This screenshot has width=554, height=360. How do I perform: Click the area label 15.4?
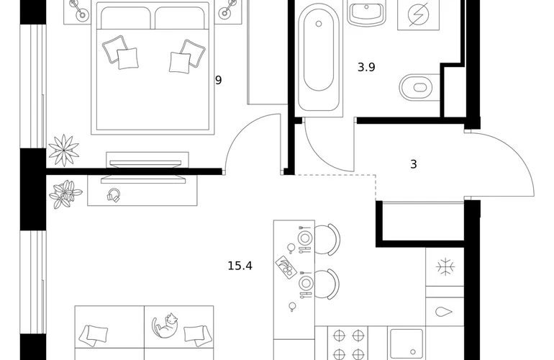(x=240, y=266)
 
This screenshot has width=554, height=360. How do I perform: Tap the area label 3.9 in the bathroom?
(x=366, y=67)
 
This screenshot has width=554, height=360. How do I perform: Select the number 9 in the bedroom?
(x=218, y=80)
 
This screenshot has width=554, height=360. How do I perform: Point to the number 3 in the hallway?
(x=414, y=164)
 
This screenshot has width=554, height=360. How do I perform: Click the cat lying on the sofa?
(x=165, y=325)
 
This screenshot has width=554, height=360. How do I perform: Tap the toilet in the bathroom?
(x=419, y=87)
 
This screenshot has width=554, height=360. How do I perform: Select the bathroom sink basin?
(x=366, y=12)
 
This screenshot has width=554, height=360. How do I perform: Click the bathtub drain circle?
(x=319, y=24)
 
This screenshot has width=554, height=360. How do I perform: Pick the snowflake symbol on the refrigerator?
(x=445, y=266)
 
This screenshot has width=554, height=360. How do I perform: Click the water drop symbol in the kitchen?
(x=444, y=312)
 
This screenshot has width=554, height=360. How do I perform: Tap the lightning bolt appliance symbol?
(x=418, y=14)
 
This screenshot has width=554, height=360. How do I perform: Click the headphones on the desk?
(x=114, y=195)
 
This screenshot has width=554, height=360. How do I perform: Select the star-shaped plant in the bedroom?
(x=63, y=150)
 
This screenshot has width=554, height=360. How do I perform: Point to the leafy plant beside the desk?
(x=65, y=194)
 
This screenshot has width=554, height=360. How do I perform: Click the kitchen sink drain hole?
(x=413, y=352)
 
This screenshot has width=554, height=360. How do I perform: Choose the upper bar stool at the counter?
(x=327, y=240)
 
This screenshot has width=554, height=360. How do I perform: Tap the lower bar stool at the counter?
(x=327, y=284)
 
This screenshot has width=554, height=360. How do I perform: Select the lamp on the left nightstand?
(x=79, y=10)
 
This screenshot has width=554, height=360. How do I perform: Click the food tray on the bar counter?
(x=286, y=267)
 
